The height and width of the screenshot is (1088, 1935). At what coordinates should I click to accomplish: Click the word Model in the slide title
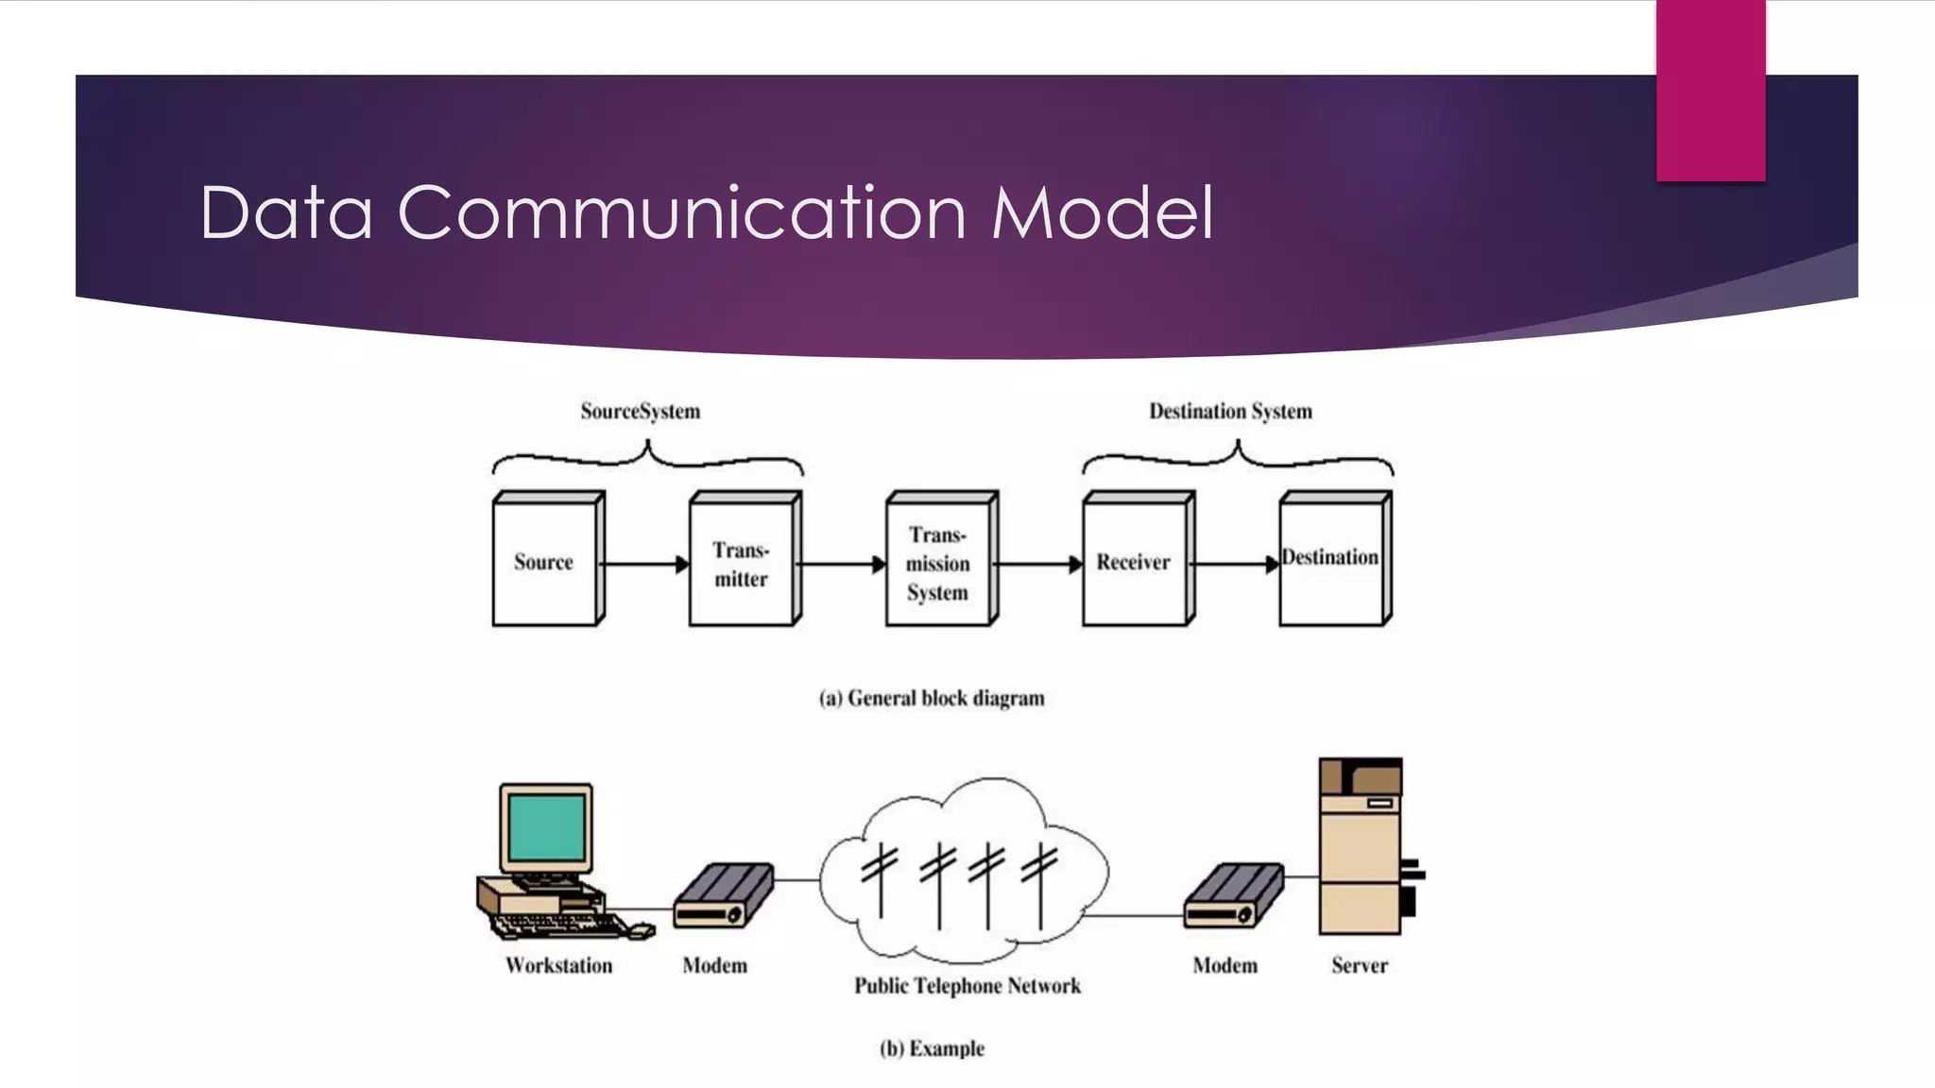1102,213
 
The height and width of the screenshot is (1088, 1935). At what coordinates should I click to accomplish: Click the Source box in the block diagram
545,562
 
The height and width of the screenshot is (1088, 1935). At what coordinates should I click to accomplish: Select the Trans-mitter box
742,564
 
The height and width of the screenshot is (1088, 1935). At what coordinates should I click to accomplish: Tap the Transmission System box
938,564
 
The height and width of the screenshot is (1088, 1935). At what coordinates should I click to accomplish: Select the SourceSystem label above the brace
641,412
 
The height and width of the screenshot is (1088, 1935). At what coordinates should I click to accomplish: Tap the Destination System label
1230,412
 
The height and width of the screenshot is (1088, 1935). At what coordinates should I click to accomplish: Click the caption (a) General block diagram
932,699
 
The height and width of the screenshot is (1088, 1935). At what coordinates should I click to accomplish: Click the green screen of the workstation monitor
546,826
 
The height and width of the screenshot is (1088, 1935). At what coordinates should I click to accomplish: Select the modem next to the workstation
723,895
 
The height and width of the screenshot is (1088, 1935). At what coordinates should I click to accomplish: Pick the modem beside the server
1233,895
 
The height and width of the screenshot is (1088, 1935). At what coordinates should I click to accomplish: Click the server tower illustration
1361,846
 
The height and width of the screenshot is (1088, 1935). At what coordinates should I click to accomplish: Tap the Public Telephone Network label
967,986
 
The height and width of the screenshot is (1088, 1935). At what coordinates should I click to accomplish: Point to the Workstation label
558,965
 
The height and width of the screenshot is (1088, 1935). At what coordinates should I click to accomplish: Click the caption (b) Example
932,1048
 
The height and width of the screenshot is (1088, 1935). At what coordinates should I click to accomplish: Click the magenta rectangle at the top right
1710,90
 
